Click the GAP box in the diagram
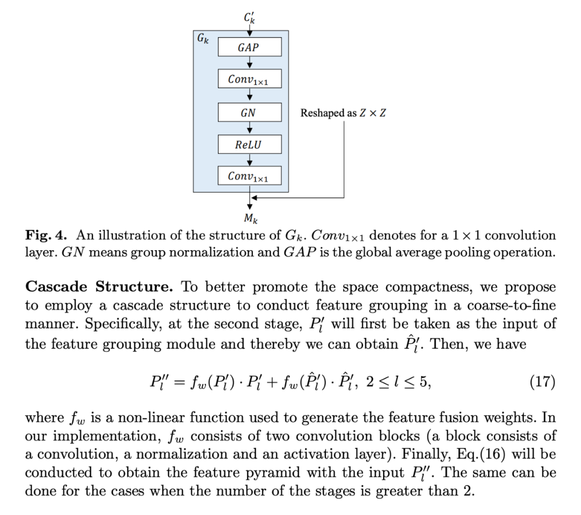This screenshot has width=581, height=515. [249, 47]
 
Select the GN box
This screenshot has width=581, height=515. [249, 113]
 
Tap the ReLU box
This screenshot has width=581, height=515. [249, 144]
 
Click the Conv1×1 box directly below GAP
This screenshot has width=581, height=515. [249, 80]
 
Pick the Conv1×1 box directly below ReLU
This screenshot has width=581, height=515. [249, 175]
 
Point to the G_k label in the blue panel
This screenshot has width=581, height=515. [203, 39]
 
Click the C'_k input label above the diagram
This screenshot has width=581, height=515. [249, 17]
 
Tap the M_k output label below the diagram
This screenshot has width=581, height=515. [249, 220]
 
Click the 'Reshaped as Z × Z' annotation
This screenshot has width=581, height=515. [343, 114]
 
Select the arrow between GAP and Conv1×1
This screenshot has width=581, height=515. [249, 64]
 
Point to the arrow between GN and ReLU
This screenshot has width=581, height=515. [249, 129]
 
